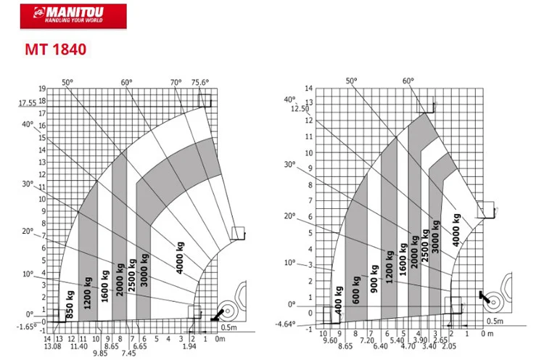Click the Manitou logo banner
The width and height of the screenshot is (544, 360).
(x=73, y=16)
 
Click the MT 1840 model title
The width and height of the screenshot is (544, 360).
(x=56, y=49)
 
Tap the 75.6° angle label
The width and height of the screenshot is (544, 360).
(x=200, y=82)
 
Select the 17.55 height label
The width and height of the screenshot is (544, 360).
(x=28, y=103)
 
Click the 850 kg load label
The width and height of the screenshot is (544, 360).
(x=70, y=304)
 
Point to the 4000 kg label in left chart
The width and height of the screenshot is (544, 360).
(x=180, y=258)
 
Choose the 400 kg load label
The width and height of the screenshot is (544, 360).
(x=339, y=300)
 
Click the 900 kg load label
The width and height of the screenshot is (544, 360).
(x=374, y=279)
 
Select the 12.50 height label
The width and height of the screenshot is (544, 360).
(x=300, y=109)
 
